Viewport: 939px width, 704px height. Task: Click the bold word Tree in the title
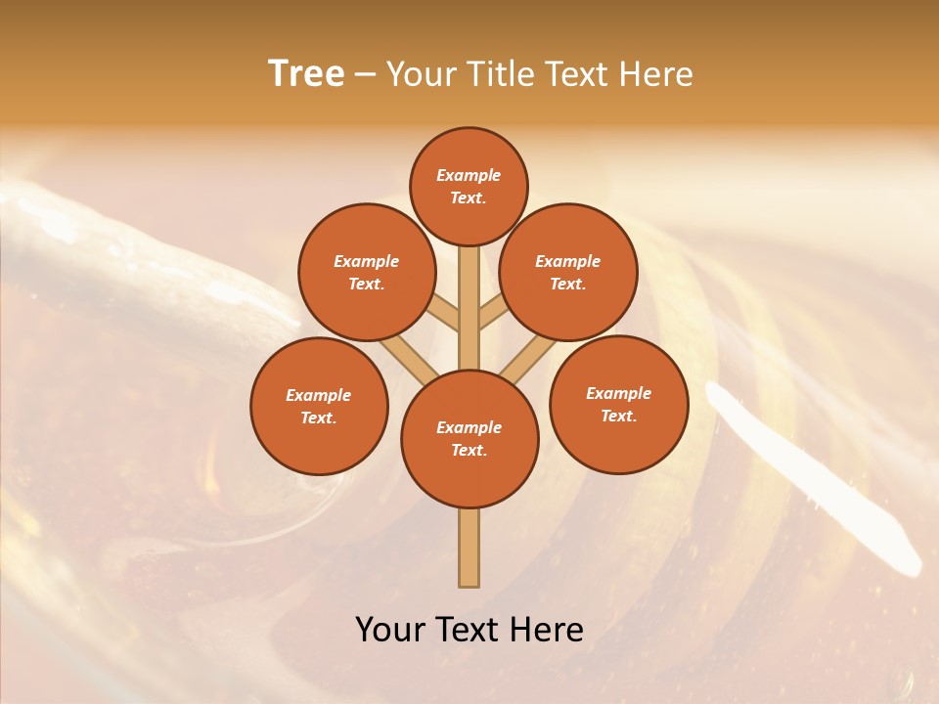[306, 74]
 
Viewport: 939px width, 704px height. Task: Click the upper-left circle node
[366, 272]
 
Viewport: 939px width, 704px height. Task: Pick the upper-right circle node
[568, 272]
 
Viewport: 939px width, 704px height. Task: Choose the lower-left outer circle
[319, 406]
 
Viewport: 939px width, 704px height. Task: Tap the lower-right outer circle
[618, 404]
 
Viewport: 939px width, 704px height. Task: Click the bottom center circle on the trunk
[469, 439]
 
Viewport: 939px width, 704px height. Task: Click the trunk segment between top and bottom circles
[469, 308]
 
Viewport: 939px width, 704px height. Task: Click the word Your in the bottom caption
[390, 630]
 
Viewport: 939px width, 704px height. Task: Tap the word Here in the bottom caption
[547, 630]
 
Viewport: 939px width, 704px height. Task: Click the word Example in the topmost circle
[469, 175]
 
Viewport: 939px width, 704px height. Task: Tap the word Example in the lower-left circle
[318, 395]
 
